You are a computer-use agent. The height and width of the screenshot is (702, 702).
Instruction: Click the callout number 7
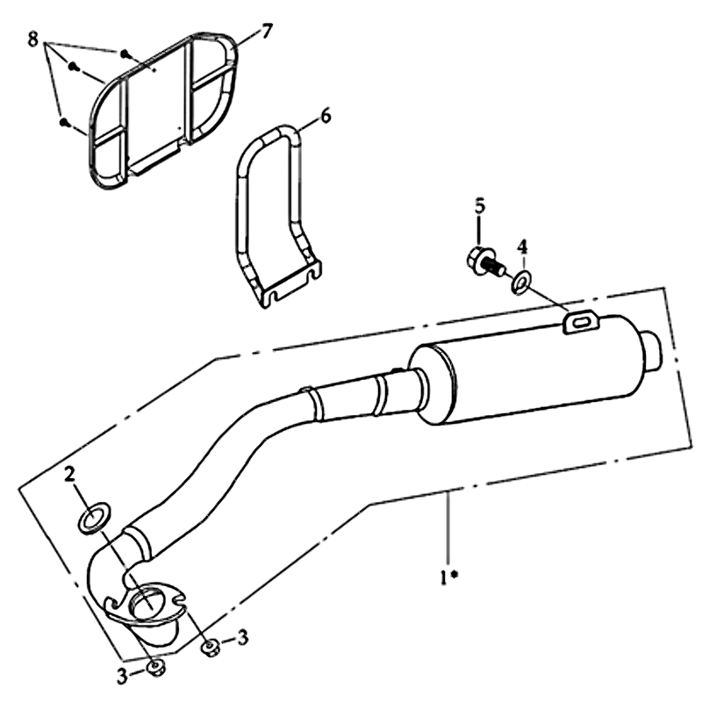pos(266,32)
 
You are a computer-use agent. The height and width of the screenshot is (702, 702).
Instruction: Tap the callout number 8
pos(32,39)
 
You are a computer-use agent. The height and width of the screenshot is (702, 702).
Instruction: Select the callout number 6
pos(326,116)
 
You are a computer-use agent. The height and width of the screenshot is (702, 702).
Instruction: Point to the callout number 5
pos(479,206)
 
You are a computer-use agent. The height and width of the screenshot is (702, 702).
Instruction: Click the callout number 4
pos(522,247)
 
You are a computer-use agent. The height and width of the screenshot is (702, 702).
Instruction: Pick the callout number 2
pos(69,474)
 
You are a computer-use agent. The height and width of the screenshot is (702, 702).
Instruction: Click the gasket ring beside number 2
pos(94,519)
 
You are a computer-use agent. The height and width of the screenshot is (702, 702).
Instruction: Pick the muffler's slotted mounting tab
pos(581,323)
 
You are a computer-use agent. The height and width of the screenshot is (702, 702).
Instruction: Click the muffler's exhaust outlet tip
pos(653,351)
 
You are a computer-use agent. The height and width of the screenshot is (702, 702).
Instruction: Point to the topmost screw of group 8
pos(125,54)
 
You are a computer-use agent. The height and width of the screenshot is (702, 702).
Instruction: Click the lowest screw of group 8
pos(64,122)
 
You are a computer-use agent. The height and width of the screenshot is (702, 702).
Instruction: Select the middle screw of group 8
pos(74,68)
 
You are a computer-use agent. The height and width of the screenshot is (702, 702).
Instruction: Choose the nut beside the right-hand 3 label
pos(210,648)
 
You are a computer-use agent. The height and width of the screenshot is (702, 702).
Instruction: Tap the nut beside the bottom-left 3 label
pos(156,669)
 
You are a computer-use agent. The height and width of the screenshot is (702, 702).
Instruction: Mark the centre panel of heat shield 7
pos(155,103)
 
